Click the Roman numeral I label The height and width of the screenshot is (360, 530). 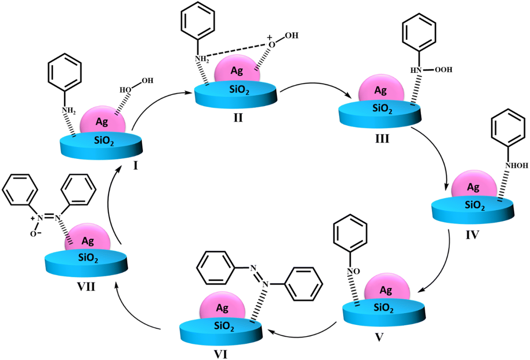pos(135,165)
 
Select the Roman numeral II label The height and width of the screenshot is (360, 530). pos(238,118)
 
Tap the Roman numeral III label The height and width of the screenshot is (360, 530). pos(382,139)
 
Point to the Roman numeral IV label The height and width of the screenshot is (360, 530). pos(472,235)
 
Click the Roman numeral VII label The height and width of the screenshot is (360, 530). pos(86,287)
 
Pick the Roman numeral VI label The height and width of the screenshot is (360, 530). pos(221,354)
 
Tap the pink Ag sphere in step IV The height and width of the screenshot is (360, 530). pos(474,185)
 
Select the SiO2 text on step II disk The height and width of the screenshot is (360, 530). pos(239,90)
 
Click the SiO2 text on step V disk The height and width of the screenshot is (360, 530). pos(384,308)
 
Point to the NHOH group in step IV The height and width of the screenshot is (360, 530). pos(516,165)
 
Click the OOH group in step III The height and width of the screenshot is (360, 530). pos(443,70)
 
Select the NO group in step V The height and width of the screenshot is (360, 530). pos(353,271)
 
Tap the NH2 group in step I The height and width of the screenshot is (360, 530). pos(69,111)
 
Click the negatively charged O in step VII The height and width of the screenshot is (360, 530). pos(34,234)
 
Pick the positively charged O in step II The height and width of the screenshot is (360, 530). pos(271,44)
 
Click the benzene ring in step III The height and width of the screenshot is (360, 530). pos(419,32)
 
